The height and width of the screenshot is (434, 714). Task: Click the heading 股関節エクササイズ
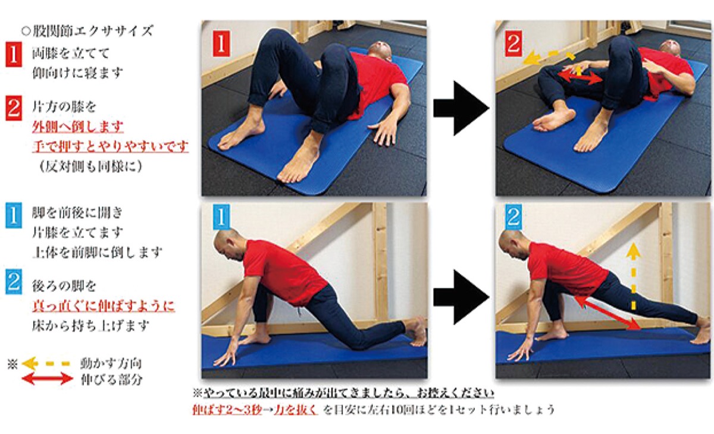(87, 31)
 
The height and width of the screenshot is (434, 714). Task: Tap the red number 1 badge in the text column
(14, 55)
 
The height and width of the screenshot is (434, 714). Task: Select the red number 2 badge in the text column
(14, 108)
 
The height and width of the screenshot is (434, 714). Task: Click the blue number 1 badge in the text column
(14, 215)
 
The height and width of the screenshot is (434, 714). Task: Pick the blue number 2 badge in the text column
(14, 281)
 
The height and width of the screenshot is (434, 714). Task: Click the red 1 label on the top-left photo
(221, 44)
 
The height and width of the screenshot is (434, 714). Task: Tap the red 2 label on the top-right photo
(513, 43)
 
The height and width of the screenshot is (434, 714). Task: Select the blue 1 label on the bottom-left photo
(221, 218)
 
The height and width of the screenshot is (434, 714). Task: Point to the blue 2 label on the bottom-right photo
(513, 218)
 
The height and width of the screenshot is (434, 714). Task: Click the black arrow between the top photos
(461, 108)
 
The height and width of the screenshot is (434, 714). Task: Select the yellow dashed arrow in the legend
(46, 363)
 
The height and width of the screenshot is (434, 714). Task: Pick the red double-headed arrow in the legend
(47, 379)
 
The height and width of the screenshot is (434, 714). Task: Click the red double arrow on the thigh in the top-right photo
(579, 77)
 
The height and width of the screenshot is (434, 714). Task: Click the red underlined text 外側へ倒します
(77, 127)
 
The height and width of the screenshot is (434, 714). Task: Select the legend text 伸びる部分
(111, 379)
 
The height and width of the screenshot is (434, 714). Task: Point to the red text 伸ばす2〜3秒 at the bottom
(227, 410)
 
